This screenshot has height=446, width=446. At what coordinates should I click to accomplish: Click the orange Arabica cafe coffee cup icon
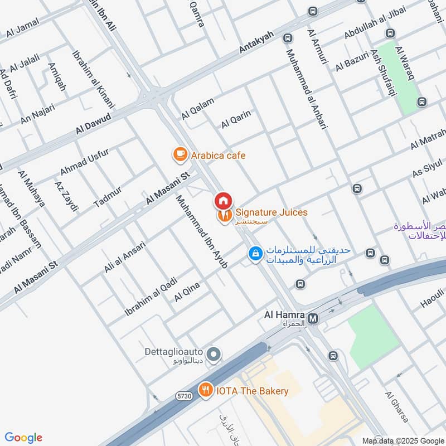(x=180, y=155)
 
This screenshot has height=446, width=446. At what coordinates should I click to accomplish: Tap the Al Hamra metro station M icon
(x=313, y=318)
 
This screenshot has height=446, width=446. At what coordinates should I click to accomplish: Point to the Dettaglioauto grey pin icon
(x=213, y=354)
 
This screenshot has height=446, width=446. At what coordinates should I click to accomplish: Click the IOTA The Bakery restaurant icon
(x=206, y=390)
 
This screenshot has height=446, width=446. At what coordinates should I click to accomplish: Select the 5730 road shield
(x=185, y=396)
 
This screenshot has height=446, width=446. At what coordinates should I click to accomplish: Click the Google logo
(x=23, y=438)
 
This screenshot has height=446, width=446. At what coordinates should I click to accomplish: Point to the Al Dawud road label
(x=95, y=124)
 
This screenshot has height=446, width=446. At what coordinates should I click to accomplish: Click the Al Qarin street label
(x=236, y=119)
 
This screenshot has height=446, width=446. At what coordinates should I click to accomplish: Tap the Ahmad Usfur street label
(x=84, y=161)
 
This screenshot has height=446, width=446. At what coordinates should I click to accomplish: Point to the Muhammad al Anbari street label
(x=306, y=89)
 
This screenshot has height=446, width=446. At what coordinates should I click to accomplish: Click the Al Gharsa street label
(x=397, y=406)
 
